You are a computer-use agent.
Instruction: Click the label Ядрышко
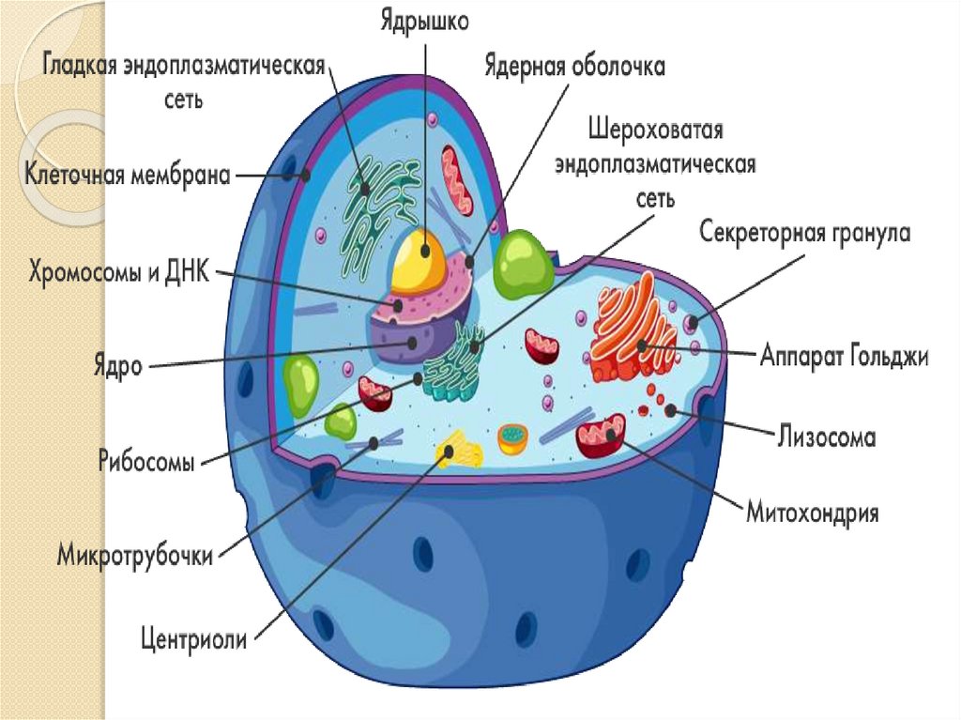424,21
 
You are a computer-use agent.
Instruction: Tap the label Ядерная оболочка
574,68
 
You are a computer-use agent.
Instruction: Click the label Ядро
117,364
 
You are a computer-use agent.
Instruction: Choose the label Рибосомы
146,462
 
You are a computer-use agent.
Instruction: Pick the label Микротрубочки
135,552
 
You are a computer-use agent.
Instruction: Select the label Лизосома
827,437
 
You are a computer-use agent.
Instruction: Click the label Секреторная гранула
805,233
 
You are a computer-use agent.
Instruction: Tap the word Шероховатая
655,128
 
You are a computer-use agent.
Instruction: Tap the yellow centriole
458,450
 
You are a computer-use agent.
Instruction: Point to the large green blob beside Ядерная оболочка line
525,264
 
